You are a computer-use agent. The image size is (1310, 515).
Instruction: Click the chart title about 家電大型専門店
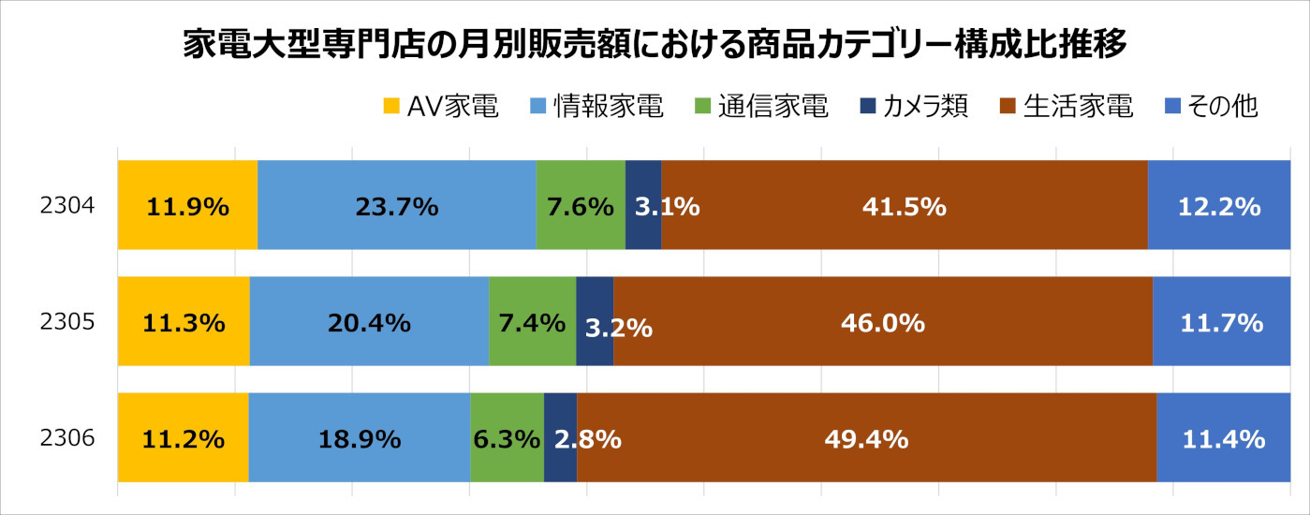(x=655, y=45)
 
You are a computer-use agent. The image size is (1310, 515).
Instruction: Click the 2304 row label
(x=67, y=205)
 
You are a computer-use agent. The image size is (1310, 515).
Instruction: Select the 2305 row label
(x=67, y=322)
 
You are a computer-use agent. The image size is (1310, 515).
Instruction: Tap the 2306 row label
(x=67, y=438)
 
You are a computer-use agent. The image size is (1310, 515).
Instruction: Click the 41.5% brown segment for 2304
(x=904, y=206)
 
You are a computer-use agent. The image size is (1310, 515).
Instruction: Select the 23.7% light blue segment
(x=396, y=206)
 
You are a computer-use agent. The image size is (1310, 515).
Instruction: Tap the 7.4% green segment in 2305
(x=532, y=323)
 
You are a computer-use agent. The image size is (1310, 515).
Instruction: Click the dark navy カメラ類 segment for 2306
(x=560, y=438)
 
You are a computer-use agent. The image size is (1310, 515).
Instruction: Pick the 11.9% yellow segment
(x=187, y=206)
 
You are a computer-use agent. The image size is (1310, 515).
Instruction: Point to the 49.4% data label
(x=866, y=438)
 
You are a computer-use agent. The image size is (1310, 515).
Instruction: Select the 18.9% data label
(x=360, y=438)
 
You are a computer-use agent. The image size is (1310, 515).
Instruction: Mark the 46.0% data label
(x=883, y=323)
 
